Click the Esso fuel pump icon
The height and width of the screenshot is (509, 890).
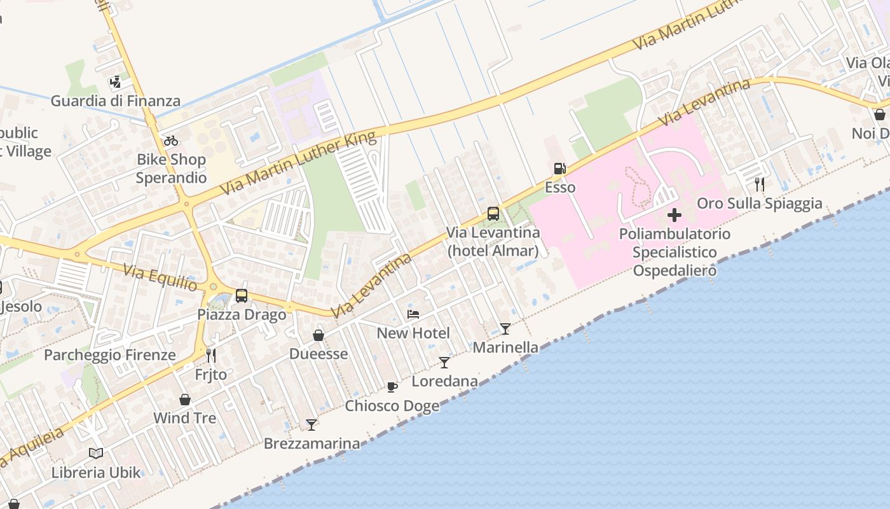coord(559,169)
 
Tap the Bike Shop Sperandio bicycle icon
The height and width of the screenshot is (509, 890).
coord(170,141)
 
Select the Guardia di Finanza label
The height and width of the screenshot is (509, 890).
coord(115,101)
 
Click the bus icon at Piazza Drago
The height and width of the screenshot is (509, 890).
coord(242,296)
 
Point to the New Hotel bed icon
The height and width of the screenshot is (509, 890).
coord(413,314)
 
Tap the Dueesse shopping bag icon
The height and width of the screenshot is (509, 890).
coord(318,335)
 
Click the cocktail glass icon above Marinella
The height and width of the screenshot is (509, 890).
coord(505,329)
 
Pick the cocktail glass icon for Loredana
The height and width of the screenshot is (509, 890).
coord(444,363)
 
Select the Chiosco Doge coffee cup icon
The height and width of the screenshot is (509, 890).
coord(392,387)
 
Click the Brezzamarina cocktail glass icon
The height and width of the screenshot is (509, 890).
coord(311,424)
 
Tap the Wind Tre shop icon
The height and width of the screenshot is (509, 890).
coord(185,400)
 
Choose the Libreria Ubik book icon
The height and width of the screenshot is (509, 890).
coord(96,454)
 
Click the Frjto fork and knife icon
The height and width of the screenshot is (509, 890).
coord(211,356)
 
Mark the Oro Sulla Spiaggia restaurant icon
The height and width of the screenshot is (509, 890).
coord(759,185)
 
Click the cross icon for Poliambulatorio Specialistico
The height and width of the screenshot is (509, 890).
coord(674,215)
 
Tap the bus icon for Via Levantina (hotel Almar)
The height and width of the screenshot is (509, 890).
coord(493,214)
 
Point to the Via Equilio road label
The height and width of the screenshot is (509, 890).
coord(160,278)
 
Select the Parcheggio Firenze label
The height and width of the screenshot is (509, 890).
coord(110,354)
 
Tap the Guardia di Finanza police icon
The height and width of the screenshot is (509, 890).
coord(115,81)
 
